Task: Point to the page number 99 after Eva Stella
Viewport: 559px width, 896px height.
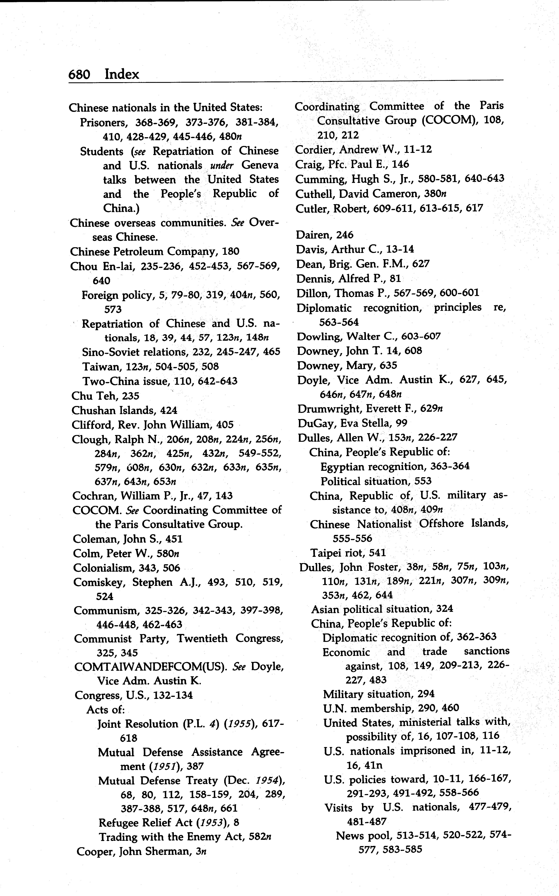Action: tap(402, 423)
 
